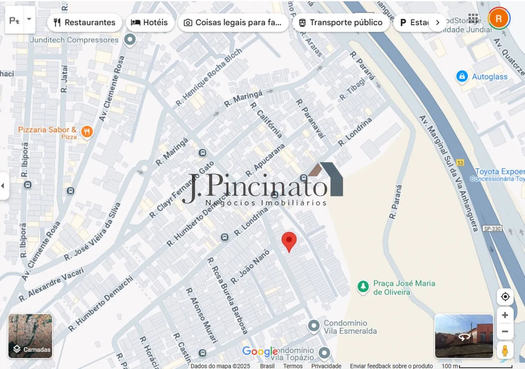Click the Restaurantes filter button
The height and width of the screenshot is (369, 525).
point(84,22)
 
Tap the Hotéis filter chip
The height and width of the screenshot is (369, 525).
point(150,22)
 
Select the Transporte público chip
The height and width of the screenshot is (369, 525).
point(340,22)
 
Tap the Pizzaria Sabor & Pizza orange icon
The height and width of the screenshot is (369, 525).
point(87,132)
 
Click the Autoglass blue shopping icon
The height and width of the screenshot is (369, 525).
point(462,76)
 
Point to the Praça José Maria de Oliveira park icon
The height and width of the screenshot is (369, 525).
point(363,287)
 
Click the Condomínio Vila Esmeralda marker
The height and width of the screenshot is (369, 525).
point(313,326)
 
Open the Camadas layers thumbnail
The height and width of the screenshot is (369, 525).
point(30,336)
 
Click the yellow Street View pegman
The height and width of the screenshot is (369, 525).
point(505,351)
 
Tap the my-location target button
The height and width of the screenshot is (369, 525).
point(505,297)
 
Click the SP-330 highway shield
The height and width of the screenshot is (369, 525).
point(492,229)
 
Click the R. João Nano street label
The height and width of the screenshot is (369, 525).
point(250,267)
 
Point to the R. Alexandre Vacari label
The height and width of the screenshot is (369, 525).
point(51,285)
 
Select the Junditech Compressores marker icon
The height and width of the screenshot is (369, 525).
point(130,39)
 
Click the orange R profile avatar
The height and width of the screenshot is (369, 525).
point(498,18)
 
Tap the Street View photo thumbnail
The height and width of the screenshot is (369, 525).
point(464,336)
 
